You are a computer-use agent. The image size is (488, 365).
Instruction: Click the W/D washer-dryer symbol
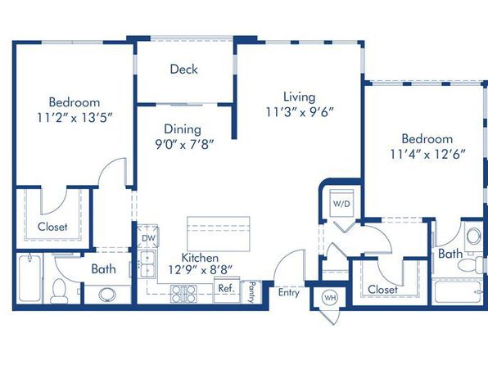pos(341,203)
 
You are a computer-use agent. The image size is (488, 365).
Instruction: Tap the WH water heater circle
pos(330,298)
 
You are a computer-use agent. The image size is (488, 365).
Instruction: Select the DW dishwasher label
pos(149,238)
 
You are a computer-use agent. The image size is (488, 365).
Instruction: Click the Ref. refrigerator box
pos(227,290)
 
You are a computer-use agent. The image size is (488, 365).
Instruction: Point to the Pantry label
pos(251,292)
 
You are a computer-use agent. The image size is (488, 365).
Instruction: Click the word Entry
pos(288,293)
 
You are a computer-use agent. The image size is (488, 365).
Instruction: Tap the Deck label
pos(183,69)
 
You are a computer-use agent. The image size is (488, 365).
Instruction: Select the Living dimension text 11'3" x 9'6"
pos(300,112)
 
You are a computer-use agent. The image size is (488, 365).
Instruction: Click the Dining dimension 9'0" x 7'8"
pos(185,144)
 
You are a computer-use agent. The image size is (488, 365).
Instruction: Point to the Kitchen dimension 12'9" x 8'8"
pos(201,270)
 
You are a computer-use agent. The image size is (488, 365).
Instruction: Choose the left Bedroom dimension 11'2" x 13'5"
pos(75,118)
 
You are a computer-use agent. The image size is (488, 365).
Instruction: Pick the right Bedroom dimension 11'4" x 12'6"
pos(428,154)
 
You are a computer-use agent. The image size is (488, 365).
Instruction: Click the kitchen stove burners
pos(183,294)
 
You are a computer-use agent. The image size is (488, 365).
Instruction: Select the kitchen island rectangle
pos(219,234)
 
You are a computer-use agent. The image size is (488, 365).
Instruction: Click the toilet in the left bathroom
pos(59,291)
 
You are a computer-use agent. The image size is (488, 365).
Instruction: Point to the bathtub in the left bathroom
pos(29,278)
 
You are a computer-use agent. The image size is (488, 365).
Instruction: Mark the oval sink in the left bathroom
pos(107,295)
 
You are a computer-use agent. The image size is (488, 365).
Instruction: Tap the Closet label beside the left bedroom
pos(52,227)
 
